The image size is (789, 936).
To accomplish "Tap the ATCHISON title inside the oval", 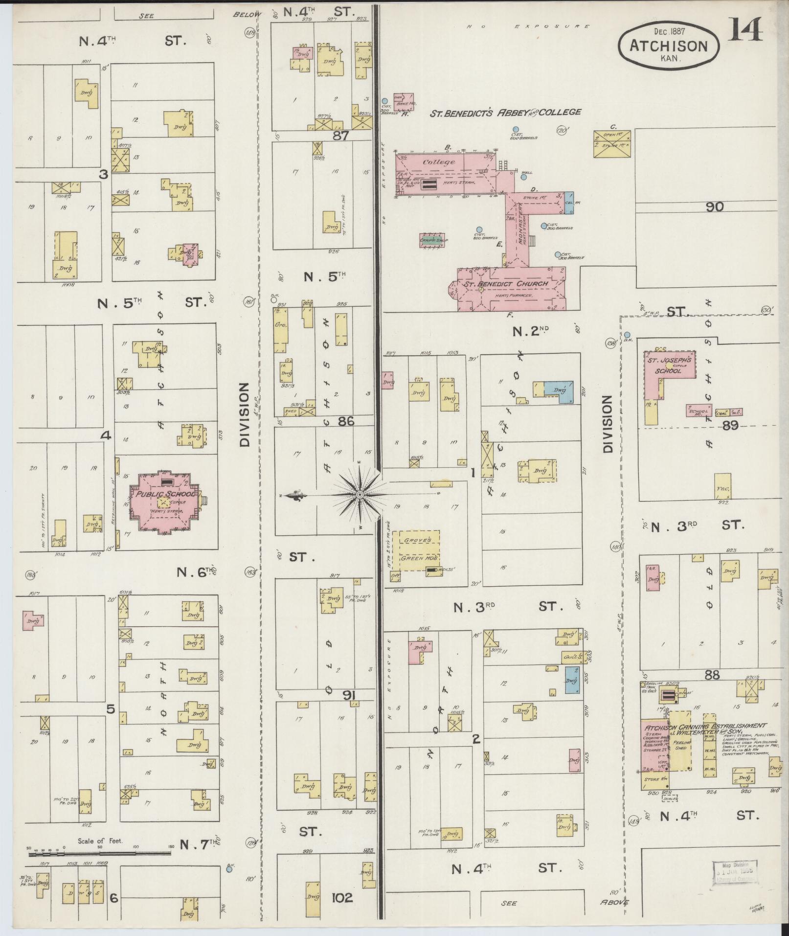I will [668, 46].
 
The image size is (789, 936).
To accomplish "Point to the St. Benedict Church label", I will [506, 284].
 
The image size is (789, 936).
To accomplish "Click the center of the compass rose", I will [360, 495].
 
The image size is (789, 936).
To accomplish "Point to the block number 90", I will [714, 207].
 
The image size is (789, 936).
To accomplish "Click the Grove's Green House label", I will [419, 549].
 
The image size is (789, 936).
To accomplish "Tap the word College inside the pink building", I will [439, 162].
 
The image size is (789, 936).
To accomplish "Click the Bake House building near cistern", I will [406, 100].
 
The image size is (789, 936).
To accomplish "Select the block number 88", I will [712, 675].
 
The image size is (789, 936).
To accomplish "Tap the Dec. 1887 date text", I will [669, 31].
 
